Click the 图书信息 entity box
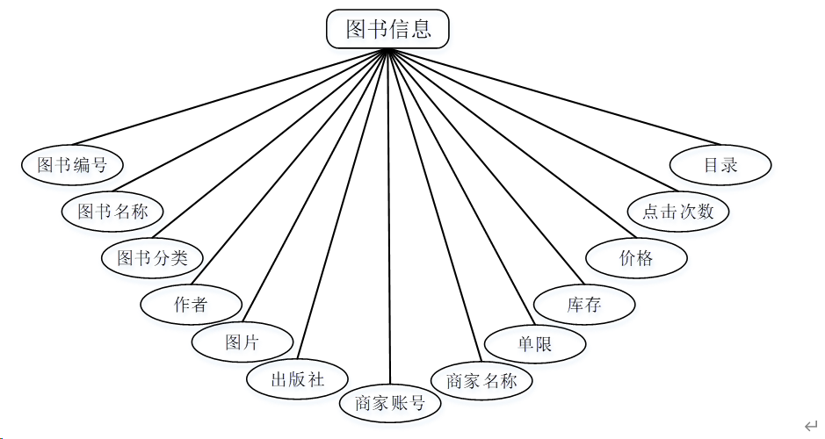coord(387,29)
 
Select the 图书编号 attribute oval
coord(72,164)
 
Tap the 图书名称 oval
coord(112,211)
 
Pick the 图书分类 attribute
coord(153,257)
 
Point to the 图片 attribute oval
coord(242,342)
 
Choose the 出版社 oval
coord(298,379)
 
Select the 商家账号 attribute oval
coord(389,402)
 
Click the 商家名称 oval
coord(481,380)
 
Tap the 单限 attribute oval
coord(535,344)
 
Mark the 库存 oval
coord(584,305)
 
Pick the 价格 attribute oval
coord(636,257)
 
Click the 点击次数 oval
coord(678,211)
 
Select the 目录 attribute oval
coord(720,164)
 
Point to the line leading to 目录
coord(554,97)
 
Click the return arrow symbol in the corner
coord(810,425)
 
